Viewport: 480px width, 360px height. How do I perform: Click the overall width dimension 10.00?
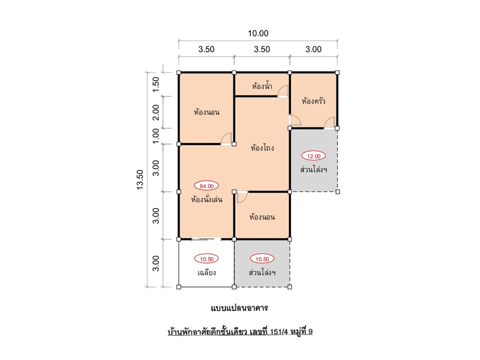coord(258,33)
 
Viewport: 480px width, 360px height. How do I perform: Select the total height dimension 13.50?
coord(140,180)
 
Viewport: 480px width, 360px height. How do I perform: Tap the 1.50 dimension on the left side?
coord(156,84)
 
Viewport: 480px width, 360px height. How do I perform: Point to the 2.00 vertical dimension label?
coord(156,112)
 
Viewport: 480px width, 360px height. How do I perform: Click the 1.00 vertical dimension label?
coord(156,136)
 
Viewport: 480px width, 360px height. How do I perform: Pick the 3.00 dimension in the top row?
coord(313,49)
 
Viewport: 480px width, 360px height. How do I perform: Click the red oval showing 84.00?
coord(206,186)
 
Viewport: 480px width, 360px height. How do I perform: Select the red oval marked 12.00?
coord(313,156)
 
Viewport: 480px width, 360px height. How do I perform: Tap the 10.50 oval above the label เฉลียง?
coord(206,259)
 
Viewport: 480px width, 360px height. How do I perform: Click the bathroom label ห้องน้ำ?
coord(262,86)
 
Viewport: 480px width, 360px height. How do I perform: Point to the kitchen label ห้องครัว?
coord(313,101)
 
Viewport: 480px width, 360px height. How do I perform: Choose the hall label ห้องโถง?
coord(262,148)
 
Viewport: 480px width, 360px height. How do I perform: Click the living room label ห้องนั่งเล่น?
coord(206,199)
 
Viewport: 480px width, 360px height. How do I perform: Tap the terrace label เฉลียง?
coord(206,272)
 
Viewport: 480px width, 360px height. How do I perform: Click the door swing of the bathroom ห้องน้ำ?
coord(283,91)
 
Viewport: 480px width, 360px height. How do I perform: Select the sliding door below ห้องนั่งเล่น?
coord(206,239)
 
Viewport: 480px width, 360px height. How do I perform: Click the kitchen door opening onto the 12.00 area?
coord(329,123)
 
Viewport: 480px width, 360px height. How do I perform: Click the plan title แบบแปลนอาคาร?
coord(239,307)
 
